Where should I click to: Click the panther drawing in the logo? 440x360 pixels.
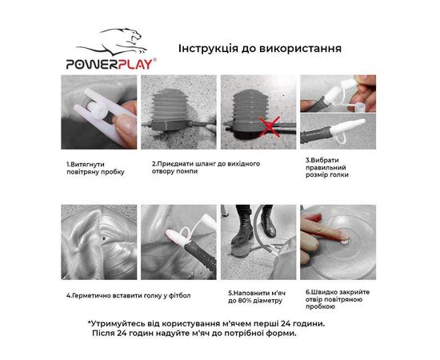click(112, 42)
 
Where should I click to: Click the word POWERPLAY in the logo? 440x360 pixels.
click(110, 64)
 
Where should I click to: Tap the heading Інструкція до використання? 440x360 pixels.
click(260, 49)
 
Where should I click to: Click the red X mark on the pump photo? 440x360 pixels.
click(269, 126)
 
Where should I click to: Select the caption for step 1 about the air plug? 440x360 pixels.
click(95, 168)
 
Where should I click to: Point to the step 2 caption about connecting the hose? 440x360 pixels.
click(206, 167)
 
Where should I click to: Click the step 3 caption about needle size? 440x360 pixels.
click(327, 167)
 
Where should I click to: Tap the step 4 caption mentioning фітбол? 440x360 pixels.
click(129, 295)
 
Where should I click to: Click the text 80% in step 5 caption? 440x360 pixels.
click(244, 301)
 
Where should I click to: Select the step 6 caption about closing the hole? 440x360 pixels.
click(338, 299)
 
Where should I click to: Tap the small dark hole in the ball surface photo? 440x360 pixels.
click(104, 238)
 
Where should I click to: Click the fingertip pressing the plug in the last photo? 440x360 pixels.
click(343, 238)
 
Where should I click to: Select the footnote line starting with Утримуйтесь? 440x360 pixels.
click(206, 323)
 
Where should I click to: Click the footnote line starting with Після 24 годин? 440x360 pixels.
click(194, 334)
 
